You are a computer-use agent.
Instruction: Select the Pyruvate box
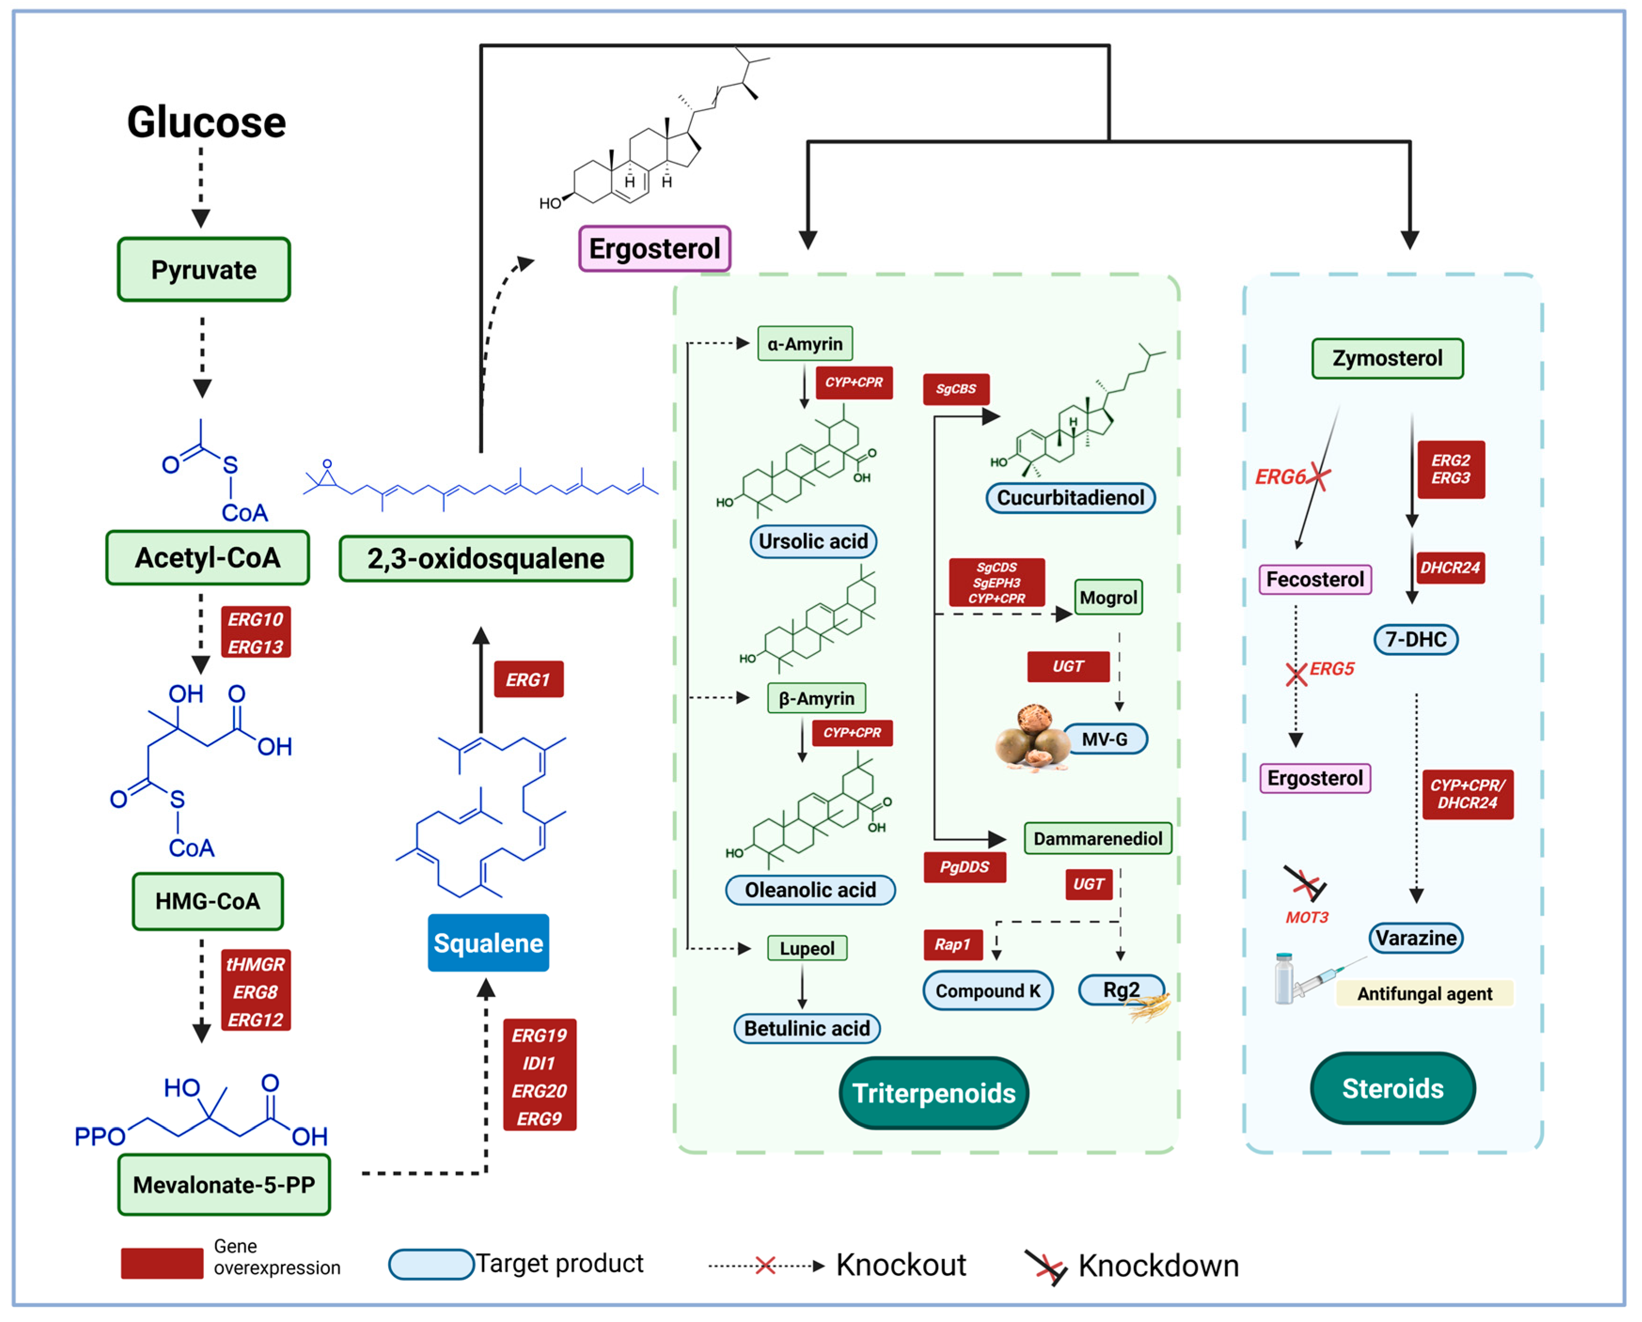(204, 270)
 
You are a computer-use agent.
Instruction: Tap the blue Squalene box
(488, 943)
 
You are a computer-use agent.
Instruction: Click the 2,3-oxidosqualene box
(486, 558)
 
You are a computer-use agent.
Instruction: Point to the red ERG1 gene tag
(529, 679)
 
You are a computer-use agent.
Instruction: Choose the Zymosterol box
(1387, 358)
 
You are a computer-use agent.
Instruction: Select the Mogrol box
(1108, 598)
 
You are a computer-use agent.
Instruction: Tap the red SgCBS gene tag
(956, 389)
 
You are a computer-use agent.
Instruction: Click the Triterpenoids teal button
(934, 1093)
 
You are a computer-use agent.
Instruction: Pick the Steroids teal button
(1392, 1088)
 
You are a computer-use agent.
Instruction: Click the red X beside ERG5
(1296, 674)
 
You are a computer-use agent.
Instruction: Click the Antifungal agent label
(1424, 994)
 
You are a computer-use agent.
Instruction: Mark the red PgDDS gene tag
(964, 867)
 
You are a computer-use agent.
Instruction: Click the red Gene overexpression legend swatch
(162, 1263)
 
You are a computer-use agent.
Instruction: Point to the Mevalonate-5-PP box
(224, 1185)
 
